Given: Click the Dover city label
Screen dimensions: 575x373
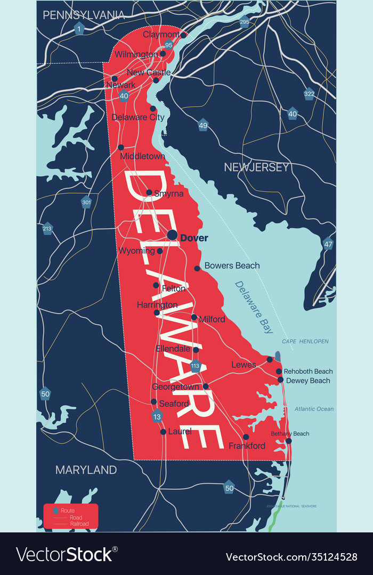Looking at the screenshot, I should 194,238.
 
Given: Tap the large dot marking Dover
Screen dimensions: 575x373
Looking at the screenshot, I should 172,235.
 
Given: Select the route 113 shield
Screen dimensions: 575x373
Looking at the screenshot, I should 195,366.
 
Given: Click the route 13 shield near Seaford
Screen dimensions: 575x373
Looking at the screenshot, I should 156,416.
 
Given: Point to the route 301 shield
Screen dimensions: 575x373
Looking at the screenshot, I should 86,202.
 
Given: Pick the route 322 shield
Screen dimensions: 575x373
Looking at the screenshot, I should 309,94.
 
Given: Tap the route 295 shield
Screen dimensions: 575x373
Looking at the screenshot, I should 244,22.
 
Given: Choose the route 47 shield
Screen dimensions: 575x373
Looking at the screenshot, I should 328,244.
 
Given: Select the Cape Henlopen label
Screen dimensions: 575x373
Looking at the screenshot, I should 305,341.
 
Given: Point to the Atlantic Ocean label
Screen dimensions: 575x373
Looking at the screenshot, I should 314,409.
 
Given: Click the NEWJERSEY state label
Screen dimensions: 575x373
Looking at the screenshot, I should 256,167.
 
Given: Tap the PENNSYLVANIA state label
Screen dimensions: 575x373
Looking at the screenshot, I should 84,15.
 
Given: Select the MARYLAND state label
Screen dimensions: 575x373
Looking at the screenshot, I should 86,470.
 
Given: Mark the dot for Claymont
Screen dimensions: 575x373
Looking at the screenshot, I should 183,35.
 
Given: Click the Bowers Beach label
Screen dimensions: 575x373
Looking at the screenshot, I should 232,265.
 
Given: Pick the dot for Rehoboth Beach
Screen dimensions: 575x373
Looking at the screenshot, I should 279,371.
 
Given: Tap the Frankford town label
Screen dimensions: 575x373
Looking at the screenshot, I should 247,446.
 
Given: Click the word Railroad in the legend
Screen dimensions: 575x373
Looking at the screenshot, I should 75,524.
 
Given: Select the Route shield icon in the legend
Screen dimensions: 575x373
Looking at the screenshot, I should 55,511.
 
